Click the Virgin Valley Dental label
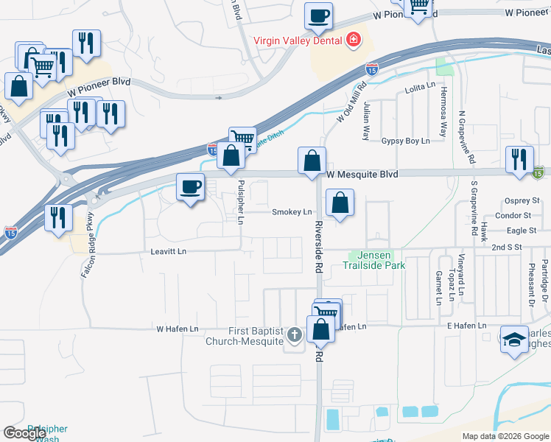(x=298, y=41)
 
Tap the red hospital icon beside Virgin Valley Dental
(x=354, y=40)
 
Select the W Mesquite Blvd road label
(x=362, y=175)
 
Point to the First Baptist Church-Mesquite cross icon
(x=294, y=336)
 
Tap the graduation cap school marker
(x=515, y=339)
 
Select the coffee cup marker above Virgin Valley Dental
(x=318, y=16)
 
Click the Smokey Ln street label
(x=292, y=212)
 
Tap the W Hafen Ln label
(x=178, y=329)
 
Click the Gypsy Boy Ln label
(x=405, y=141)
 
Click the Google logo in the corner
(x=26, y=433)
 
